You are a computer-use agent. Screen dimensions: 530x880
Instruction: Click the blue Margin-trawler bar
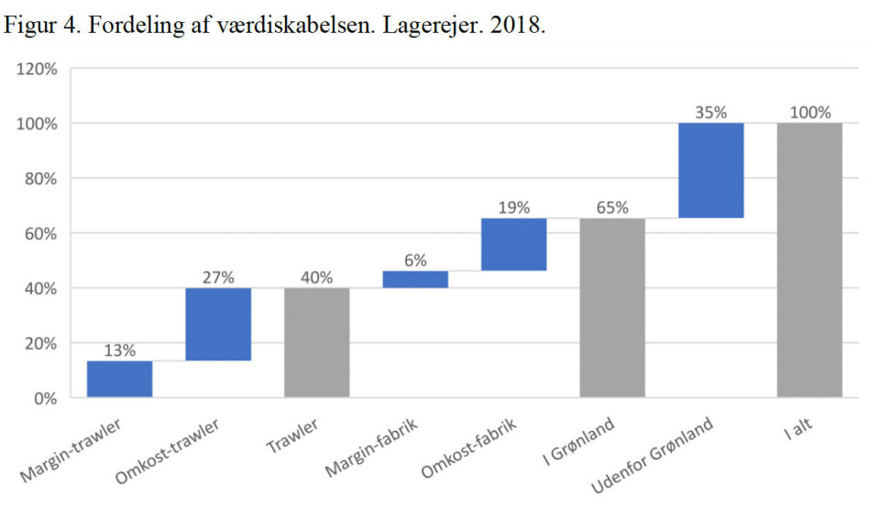(x=119, y=379)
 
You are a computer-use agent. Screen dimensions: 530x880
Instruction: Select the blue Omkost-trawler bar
(x=218, y=324)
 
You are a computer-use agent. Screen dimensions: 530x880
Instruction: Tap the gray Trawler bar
(x=316, y=342)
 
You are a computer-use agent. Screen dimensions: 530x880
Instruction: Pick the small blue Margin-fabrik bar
(x=415, y=280)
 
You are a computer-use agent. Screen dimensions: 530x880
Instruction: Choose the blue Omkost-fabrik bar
(x=513, y=245)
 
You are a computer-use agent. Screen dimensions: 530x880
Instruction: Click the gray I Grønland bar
(x=612, y=307)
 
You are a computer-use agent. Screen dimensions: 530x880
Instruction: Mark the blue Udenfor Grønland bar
(x=710, y=171)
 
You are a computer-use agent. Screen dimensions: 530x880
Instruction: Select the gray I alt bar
(x=809, y=259)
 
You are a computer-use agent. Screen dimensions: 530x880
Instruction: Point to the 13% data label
(x=119, y=350)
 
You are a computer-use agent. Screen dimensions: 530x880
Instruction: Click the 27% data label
(x=218, y=278)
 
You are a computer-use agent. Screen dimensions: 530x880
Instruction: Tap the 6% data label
(x=415, y=260)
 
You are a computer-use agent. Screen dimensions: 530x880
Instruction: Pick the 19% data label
(x=513, y=208)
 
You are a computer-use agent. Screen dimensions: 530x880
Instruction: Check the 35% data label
(x=710, y=113)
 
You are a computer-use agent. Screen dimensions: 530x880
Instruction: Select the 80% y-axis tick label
(x=41, y=179)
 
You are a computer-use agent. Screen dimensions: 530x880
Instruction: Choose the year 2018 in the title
(x=518, y=25)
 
